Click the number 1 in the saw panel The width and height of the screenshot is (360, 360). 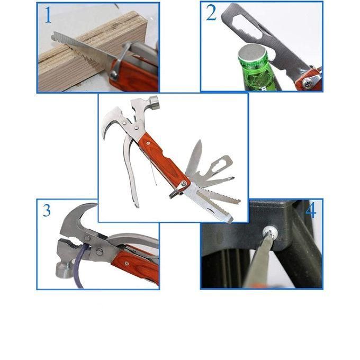pos(48,16)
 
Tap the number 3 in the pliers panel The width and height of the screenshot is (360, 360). pos(47,211)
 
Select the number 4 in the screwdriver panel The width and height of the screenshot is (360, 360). pos(311,211)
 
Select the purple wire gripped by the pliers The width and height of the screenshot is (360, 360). pos(79,270)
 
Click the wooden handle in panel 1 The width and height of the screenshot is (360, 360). pos(132,74)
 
